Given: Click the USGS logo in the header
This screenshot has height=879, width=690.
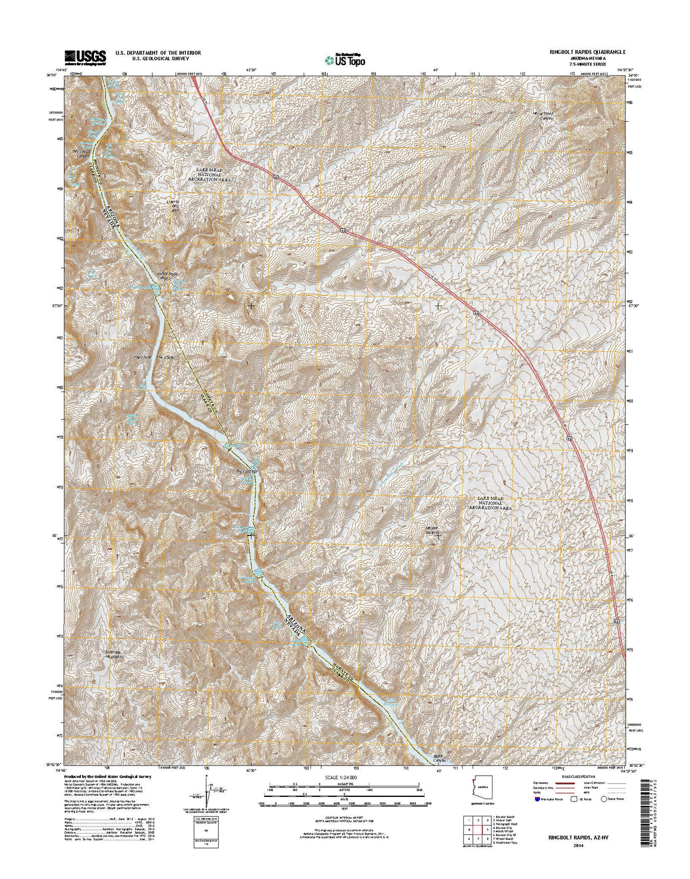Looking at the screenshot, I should (86, 56).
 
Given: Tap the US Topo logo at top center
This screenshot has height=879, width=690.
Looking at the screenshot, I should (345, 59).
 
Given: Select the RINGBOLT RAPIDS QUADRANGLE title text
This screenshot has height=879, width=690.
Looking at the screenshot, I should (575, 52).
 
